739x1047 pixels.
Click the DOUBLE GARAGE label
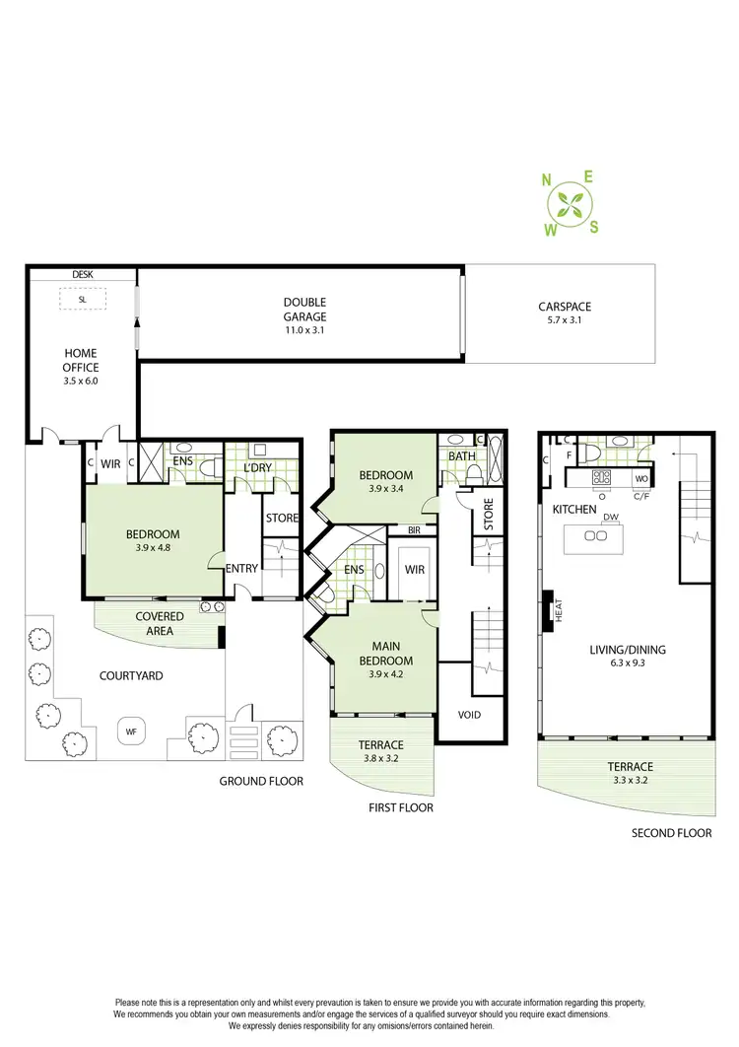coord(304,310)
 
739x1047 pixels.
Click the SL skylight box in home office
coord(82,298)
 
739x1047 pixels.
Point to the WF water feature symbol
coord(130,731)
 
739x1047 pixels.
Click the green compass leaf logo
coord(569,205)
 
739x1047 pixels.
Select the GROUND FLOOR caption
coord(260,781)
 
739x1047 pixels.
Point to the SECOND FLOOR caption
coord(672,833)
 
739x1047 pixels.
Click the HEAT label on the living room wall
coord(558,611)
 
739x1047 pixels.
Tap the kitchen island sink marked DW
coord(595,535)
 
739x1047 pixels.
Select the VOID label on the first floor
coord(469,715)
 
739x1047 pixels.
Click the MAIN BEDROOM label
coord(385,654)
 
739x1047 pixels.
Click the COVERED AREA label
coord(160,623)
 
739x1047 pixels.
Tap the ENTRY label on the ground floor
coord(241,568)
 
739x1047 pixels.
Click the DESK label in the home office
coord(82,275)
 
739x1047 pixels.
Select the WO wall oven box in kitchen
coord(638,478)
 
